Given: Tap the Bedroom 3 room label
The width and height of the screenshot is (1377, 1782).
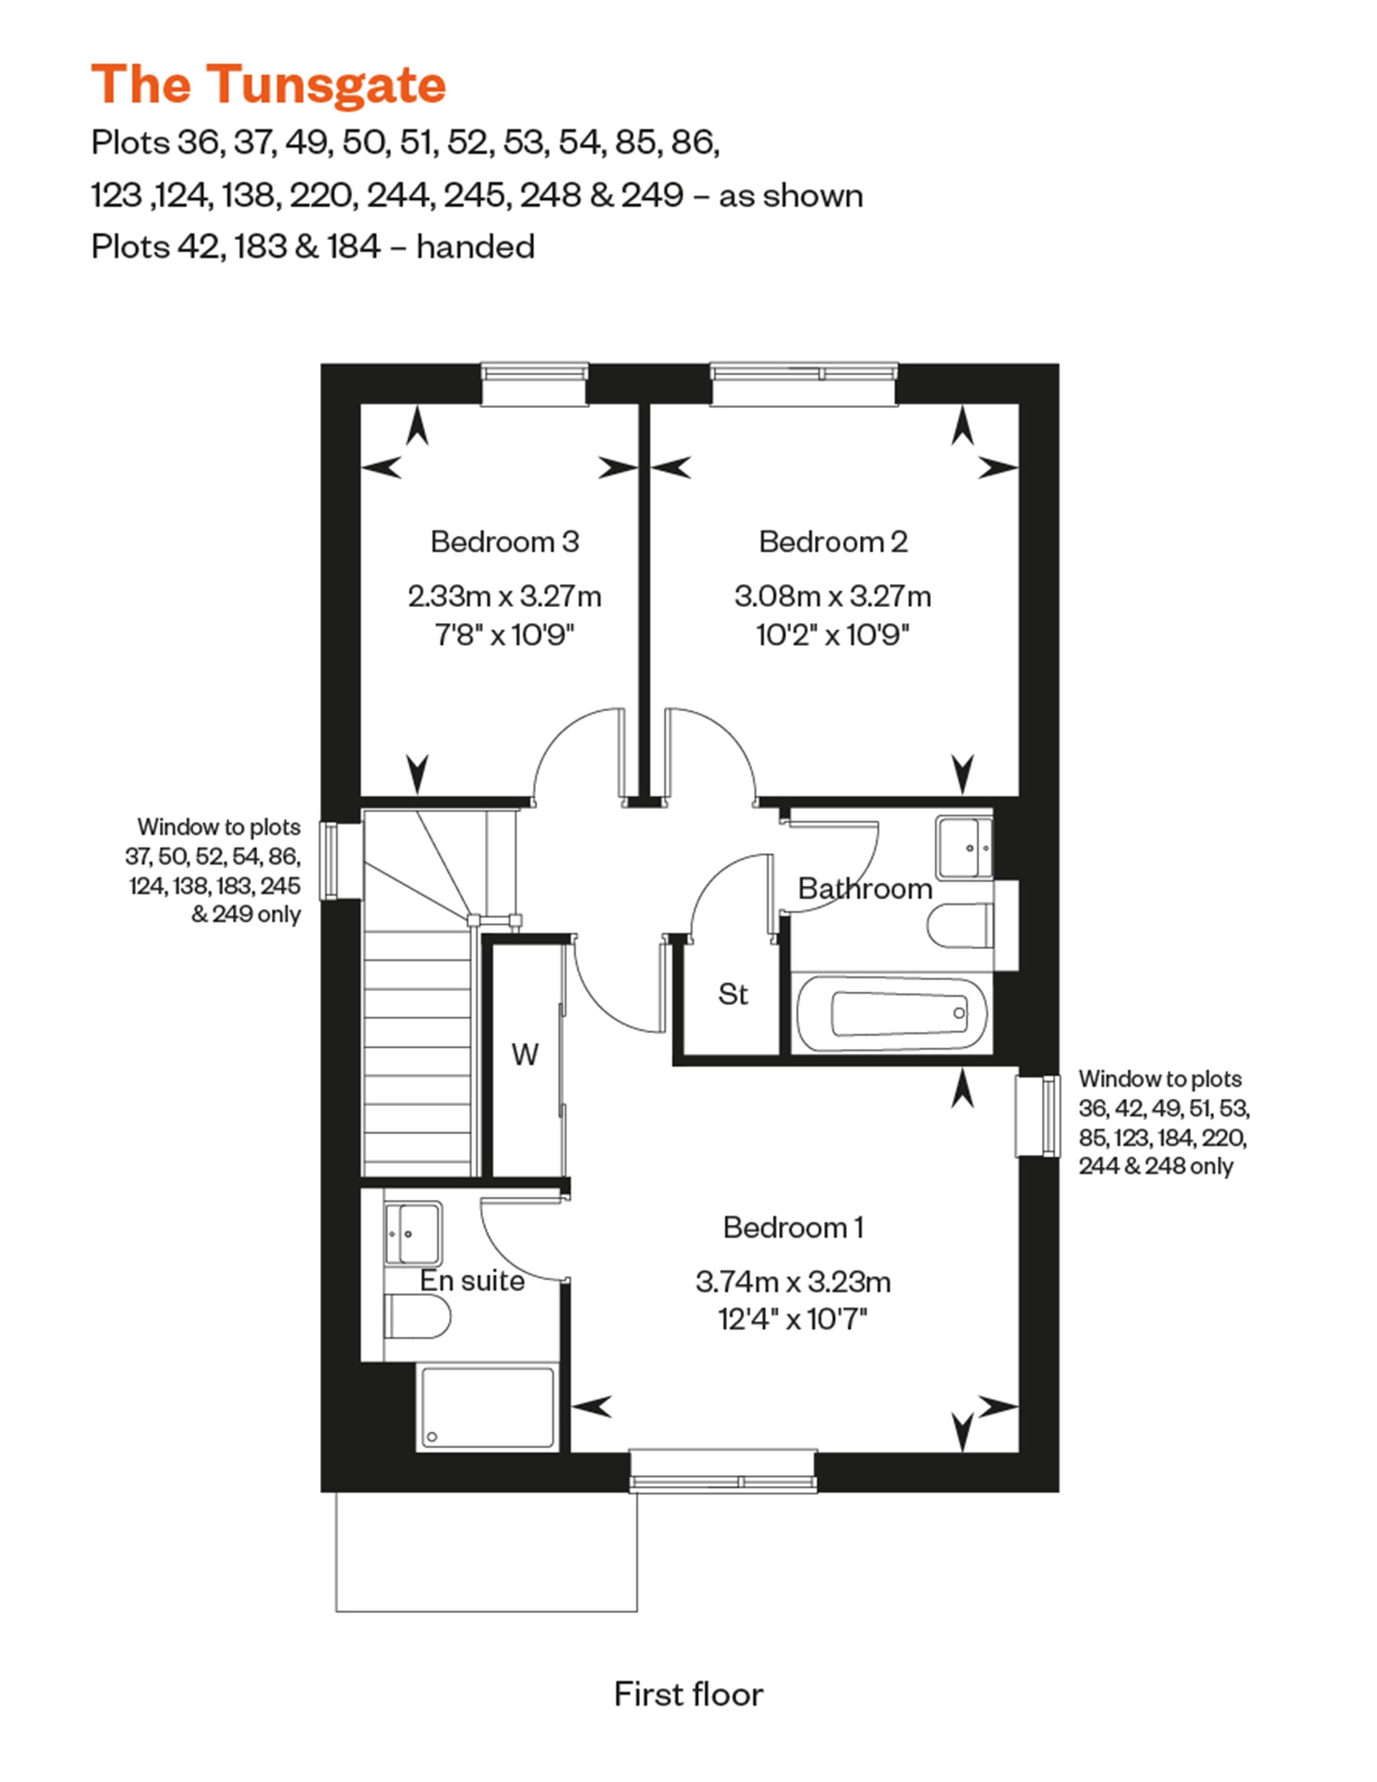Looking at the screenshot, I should coord(504,542).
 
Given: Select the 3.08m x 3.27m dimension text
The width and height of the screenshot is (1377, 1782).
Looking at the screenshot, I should coord(832,596).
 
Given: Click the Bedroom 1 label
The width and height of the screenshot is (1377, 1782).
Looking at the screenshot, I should coord(792,1227).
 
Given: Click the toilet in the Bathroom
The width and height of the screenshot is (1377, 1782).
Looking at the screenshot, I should coord(959,926).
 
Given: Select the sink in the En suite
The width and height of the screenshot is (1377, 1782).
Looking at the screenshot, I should coord(413,1233).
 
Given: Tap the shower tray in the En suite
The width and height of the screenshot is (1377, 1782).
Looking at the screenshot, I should coord(487,1409).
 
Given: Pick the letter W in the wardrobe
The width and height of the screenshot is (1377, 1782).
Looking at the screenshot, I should coord(525,1055).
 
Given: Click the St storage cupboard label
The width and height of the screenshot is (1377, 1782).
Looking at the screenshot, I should coord(732,994).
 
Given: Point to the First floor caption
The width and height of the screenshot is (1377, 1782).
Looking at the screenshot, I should coord(688,1695).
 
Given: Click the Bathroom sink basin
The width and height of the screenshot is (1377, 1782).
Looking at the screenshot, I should coord(964,847).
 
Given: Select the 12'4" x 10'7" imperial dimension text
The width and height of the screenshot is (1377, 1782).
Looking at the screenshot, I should coord(792,1320).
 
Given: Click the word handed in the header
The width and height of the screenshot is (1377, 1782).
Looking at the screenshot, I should coord(475,247).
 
